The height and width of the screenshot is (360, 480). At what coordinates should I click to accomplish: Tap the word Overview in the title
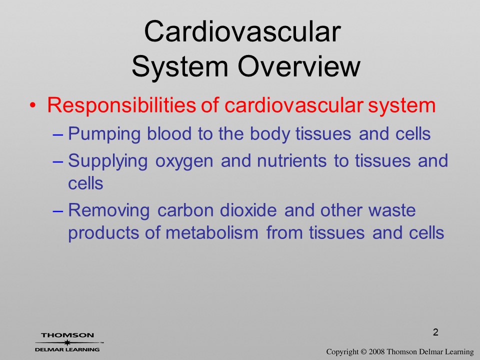pos(299,66)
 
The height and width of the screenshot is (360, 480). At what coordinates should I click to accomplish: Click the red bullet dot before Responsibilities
pos(33,105)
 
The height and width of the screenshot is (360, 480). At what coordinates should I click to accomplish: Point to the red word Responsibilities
pos(121,106)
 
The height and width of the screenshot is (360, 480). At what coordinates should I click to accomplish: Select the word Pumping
pos(104,134)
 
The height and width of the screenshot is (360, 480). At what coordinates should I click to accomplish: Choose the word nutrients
pos(291,161)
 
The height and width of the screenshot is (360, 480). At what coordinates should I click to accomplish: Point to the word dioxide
pos(248,210)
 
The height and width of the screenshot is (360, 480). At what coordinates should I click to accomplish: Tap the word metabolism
pos(212,232)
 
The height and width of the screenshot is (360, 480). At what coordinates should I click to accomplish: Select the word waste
pos(392,210)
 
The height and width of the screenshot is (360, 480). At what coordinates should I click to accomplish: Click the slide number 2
pos(435,332)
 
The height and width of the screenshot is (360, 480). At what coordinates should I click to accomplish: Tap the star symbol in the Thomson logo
pos(67,342)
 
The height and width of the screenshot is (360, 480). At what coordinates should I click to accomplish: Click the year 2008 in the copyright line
pos(376,351)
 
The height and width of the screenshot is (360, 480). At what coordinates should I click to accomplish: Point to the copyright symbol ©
pos(363,351)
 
